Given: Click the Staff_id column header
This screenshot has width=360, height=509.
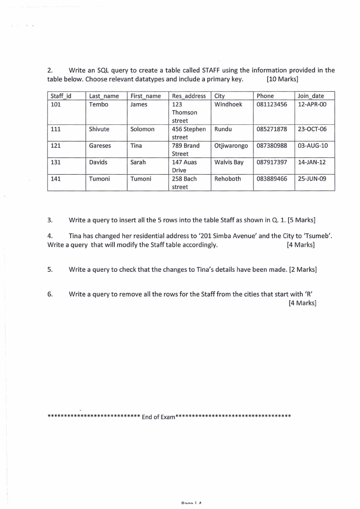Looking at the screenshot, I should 61,96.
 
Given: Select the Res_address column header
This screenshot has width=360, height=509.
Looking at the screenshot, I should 189,96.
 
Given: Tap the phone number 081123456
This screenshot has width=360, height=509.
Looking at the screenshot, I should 272,104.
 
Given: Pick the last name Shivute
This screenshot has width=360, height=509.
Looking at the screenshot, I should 99,129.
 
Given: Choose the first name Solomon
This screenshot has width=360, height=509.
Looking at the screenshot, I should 142,129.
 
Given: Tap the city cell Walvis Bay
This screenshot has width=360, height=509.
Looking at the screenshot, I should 229,162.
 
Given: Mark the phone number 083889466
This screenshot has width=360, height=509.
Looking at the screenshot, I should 272,179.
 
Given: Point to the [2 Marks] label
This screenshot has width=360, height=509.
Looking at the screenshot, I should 303,269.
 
